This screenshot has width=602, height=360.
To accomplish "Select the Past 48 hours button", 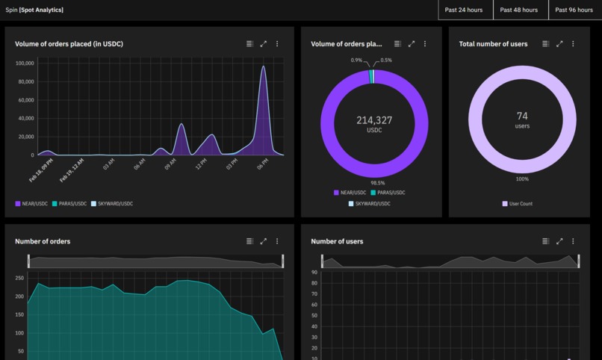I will tap(521, 10).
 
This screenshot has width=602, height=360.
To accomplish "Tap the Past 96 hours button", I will tap(575, 10).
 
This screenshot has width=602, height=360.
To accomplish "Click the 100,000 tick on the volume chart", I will tap(25, 63).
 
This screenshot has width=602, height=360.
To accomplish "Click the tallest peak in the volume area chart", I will tap(263, 67).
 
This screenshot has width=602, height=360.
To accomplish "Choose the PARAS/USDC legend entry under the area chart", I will tap(69, 203).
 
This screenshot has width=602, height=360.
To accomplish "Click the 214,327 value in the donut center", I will tap(374, 120).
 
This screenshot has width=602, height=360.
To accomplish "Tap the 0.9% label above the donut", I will tap(356, 60).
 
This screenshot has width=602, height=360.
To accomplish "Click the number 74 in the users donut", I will tap(522, 116).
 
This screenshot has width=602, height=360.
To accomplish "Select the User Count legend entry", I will tap(521, 203).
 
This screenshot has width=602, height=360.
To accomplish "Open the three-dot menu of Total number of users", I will tap(573, 44).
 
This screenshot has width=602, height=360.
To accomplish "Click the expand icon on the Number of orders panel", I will tap(263, 241).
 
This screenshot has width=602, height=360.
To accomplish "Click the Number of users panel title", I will tap(337, 241).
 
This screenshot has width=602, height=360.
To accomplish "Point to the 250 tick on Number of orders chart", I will tap(19, 278).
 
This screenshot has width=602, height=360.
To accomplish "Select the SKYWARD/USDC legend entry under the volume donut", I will tap(373, 203).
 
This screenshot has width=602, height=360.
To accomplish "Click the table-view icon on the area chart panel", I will tap(249, 44).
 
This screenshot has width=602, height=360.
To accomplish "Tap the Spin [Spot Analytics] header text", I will tap(34, 10).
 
